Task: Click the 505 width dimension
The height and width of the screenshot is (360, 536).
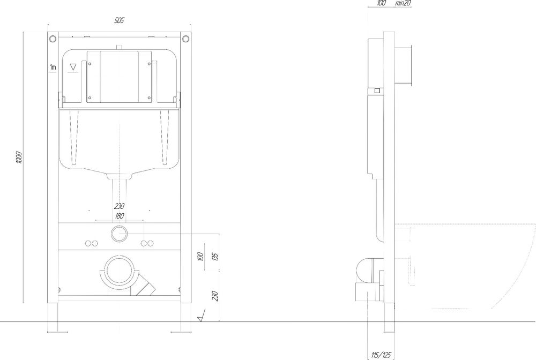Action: click(119, 20)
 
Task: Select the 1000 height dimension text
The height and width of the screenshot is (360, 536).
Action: click(19, 157)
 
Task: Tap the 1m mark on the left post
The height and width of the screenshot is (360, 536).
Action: click(53, 67)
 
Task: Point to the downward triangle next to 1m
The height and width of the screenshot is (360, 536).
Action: click(73, 67)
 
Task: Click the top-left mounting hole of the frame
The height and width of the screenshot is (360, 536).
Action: click(53, 38)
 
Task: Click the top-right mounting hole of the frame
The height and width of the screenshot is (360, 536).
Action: click(185, 38)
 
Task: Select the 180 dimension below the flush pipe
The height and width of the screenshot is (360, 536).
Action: click(120, 216)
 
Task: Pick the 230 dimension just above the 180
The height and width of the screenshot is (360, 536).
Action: click(120, 206)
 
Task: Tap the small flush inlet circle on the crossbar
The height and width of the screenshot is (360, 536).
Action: click(120, 234)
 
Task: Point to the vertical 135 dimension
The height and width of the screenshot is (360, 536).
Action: click(215, 256)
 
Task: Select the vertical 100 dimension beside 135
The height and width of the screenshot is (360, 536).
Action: click(200, 256)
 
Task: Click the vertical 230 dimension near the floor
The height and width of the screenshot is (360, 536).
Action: click(215, 296)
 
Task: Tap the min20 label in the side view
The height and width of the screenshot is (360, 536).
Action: click(403, 3)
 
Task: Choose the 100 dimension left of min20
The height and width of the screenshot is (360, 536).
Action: click(381, 3)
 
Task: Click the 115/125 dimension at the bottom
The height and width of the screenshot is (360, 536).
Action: click(381, 355)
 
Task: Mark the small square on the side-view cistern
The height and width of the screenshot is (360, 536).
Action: click(377, 91)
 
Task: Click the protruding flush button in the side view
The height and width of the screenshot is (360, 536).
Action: click(404, 65)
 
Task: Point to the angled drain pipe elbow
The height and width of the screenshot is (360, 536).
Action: click(144, 286)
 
